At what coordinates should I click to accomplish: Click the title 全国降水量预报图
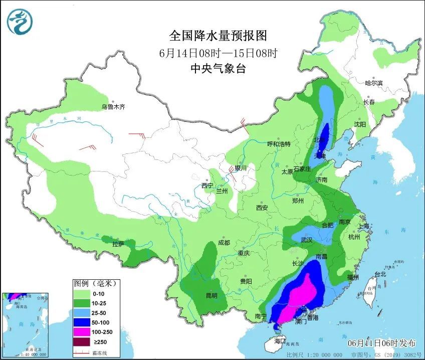218,36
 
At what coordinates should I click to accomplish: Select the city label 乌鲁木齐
113,107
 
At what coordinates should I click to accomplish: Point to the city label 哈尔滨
373,83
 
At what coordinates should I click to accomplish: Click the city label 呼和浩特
279,144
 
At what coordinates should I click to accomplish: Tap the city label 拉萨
118,244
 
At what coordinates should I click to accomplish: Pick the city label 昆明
211,295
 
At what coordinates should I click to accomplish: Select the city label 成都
224,243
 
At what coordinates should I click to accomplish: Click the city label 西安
262,207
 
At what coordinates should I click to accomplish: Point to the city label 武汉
306,240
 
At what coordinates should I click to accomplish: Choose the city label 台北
380,274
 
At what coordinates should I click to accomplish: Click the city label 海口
279,341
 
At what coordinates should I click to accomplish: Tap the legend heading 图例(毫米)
95,283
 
